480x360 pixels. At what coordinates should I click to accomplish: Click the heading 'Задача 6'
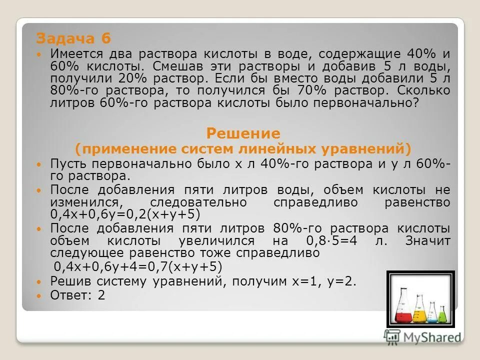pos(73,38)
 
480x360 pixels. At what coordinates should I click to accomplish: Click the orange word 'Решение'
pos(243,133)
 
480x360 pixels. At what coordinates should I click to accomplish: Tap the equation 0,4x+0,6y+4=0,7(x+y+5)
pos(137,266)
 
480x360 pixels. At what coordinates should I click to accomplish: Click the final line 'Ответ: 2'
pos(77,295)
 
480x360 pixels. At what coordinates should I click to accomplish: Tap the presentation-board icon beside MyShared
pos(392,336)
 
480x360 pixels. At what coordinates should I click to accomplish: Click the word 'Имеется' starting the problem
pos(74,53)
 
